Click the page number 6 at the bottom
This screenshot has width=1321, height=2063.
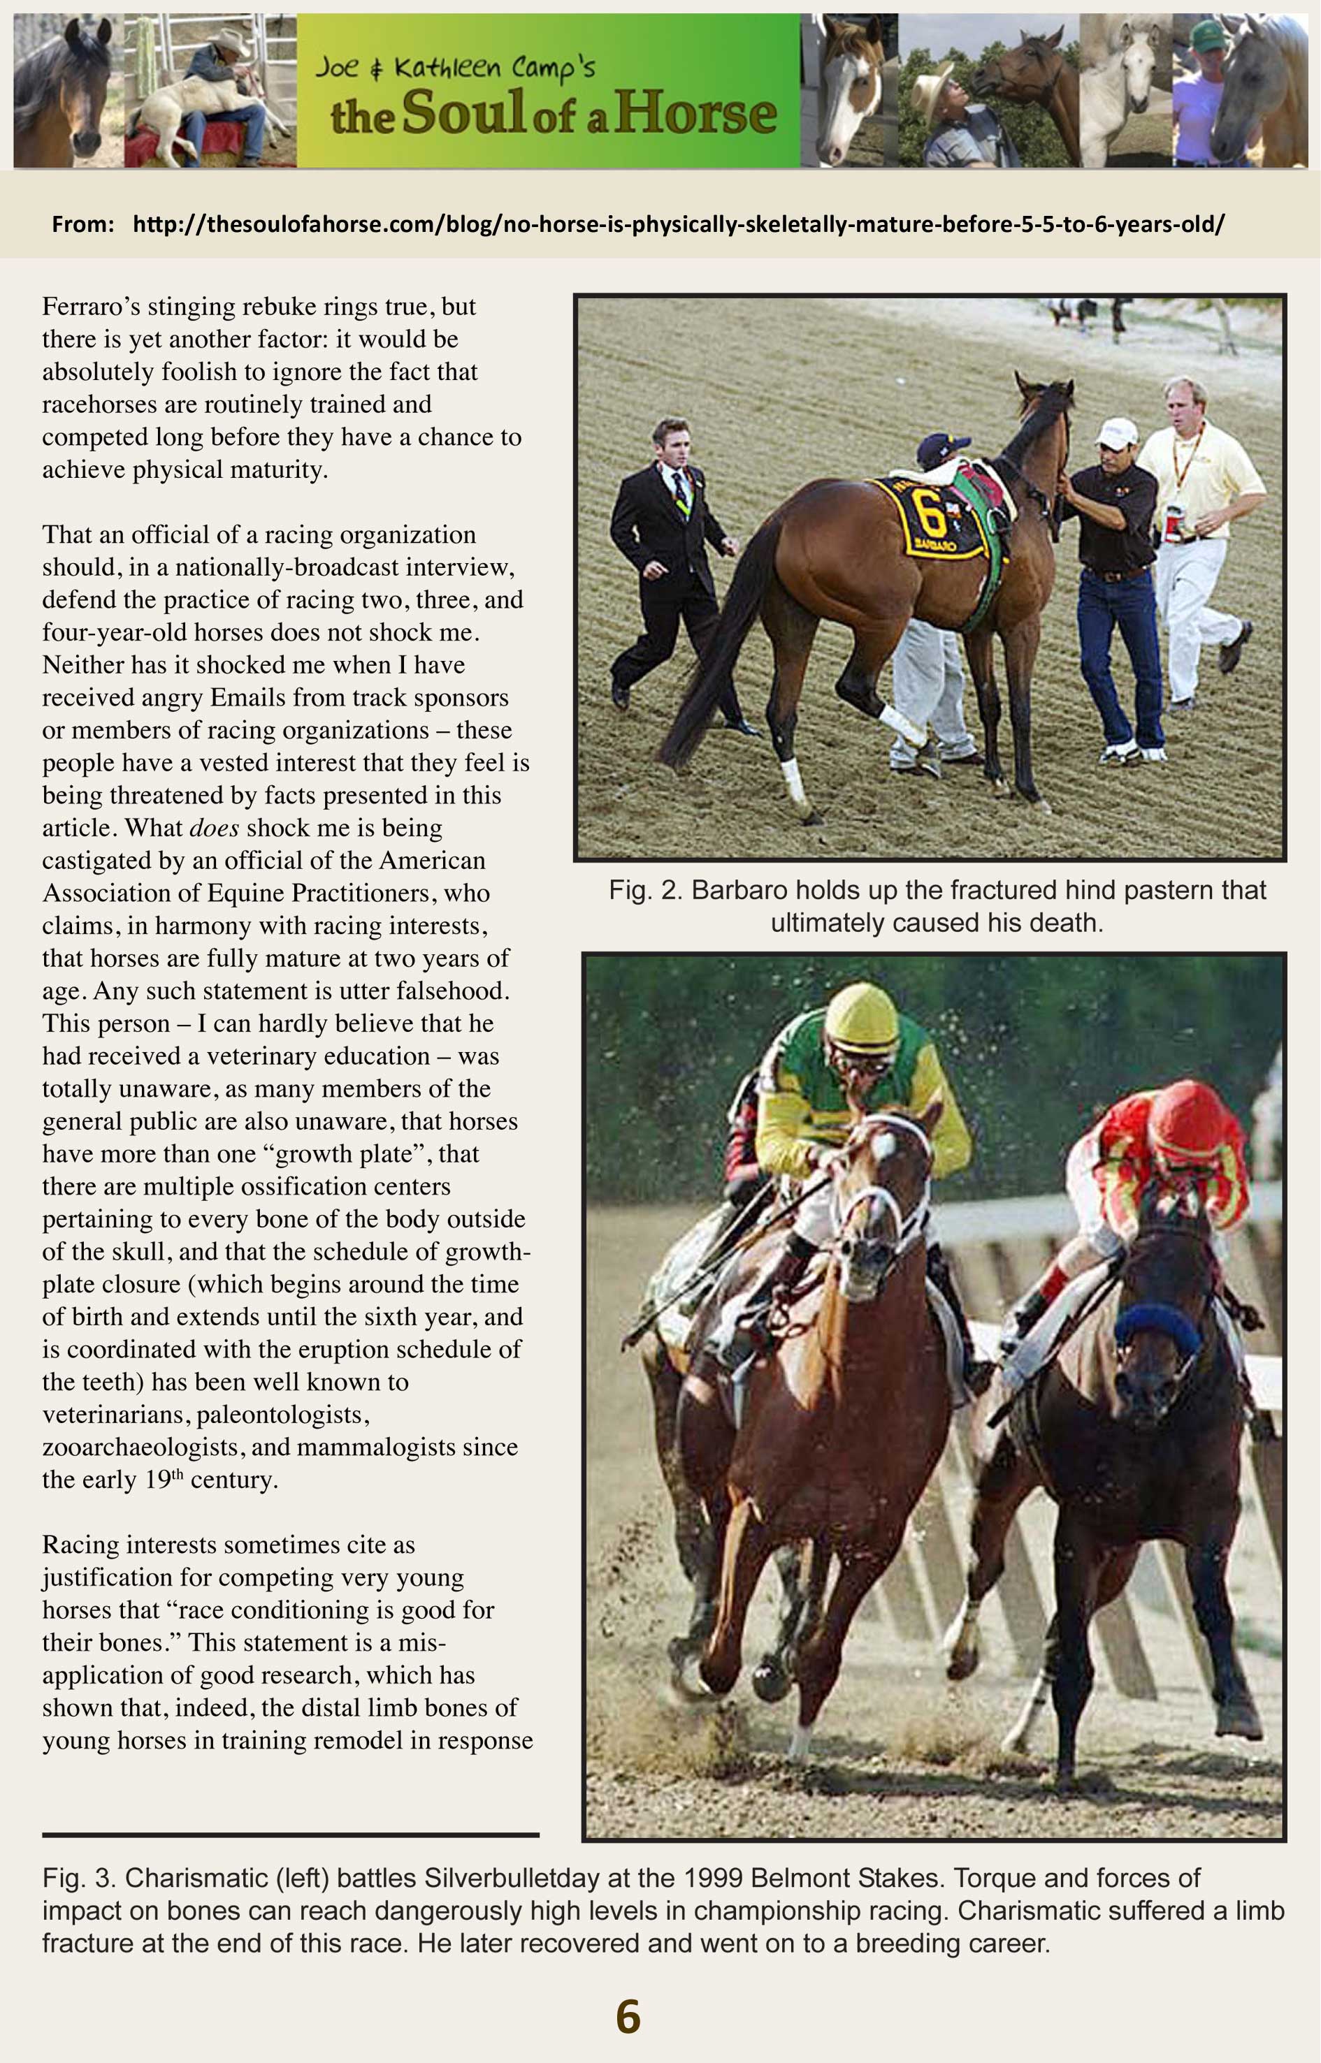[x=628, y=2017]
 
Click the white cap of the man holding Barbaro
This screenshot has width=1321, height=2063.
[x=1115, y=431]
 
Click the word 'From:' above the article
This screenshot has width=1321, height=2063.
[x=83, y=225]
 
